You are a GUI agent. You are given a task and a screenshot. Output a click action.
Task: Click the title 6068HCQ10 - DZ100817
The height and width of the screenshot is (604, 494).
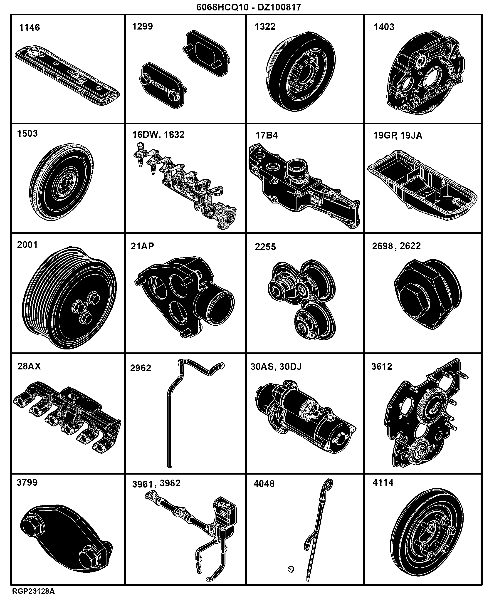click(x=249, y=7)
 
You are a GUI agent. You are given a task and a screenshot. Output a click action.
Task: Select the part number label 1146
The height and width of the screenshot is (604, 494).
click(x=29, y=28)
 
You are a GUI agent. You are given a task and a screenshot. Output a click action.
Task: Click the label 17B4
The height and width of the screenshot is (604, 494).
click(x=267, y=135)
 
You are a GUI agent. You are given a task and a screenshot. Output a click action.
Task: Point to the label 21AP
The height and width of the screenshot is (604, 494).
click(x=142, y=246)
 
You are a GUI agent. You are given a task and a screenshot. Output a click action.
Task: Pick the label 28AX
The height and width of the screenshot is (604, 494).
click(x=29, y=366)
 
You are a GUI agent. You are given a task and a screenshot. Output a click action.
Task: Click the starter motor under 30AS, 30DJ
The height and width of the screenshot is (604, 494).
click(x=305, y=418)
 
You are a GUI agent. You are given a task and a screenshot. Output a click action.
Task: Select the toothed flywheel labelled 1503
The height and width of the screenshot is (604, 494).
click(x=62, y=182)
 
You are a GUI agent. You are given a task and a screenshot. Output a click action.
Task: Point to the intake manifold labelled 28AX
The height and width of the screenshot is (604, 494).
click(x=67, y=418)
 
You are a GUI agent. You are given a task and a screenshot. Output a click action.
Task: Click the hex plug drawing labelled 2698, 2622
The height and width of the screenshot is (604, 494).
click(x=428, y=294)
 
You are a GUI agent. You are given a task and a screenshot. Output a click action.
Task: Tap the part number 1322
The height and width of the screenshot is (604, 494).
click(x=265, y=27)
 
